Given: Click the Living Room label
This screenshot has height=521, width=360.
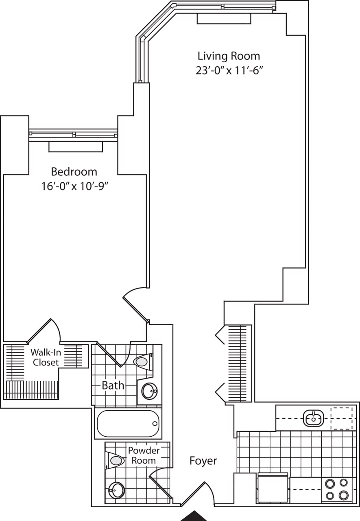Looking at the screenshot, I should tap(228, 56).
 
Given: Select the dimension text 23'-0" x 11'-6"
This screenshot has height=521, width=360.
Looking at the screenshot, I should tap(228, 70).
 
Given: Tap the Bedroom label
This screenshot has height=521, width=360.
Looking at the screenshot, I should tap(74, 171).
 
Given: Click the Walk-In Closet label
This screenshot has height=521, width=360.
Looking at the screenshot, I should tap(46, 357).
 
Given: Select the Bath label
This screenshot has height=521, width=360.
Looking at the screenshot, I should tap(113, 385).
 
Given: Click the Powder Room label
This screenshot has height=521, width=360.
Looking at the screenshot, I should tap(144, 455).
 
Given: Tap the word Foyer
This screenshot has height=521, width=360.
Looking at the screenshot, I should tap(203, 461).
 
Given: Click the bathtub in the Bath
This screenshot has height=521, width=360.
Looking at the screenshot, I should tap(127, 424).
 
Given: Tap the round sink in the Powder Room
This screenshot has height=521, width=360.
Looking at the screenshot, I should tap(117, 490).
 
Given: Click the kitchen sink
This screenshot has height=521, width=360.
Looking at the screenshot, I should tap(313, 417).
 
